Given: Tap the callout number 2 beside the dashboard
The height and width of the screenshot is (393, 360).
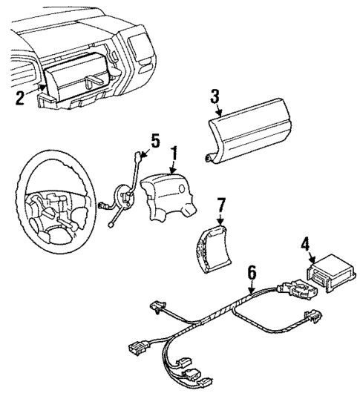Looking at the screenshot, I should pyautogui.click(x=20, y=96).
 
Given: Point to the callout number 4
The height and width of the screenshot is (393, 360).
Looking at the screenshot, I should pyautogui.click(x=305, y=242).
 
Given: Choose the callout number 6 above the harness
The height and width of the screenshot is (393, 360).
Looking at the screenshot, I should pyautogui.click(x=252, y=273).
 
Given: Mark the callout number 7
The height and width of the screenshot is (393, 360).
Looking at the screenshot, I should pyautogui.click(x=220, y=202).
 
